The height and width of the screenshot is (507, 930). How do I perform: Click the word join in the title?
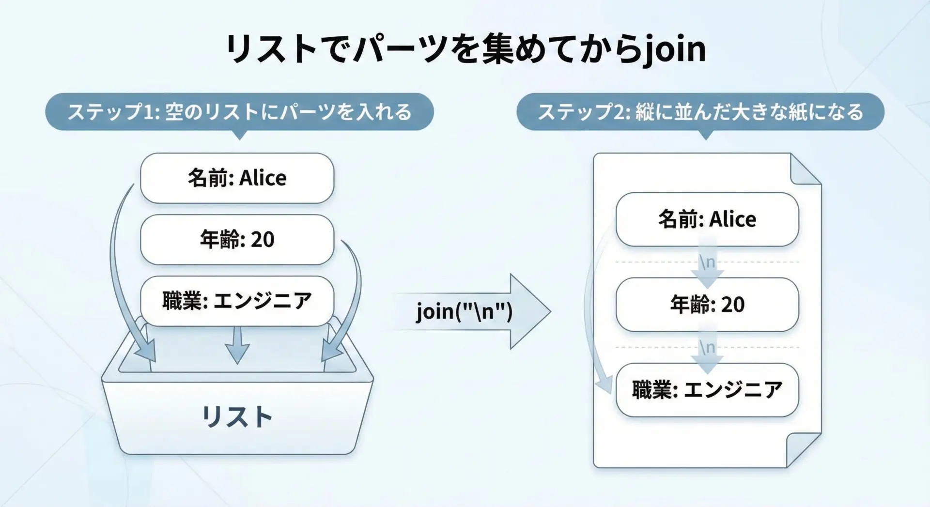(675, 49)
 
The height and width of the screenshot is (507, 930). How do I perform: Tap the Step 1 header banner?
(239, 112)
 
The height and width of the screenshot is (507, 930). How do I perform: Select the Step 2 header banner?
(700, 112)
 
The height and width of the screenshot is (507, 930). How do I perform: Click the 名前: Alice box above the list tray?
(237, 178)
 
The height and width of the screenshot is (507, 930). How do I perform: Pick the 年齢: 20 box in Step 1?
(237, 240)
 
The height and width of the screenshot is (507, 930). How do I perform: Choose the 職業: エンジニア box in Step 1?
(237, 301)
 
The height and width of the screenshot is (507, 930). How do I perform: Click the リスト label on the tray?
(237, 417)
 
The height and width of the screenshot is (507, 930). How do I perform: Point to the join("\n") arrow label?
(464, 311)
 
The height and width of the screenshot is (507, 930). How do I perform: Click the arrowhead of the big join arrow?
(530, 311)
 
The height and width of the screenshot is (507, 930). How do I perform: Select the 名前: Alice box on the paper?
(707, 219)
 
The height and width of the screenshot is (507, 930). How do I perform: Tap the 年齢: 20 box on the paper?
(707, 305)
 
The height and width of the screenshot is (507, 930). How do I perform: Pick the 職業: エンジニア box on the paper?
(707, 390)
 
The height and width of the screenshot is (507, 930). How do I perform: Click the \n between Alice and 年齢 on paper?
(707, 262)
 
